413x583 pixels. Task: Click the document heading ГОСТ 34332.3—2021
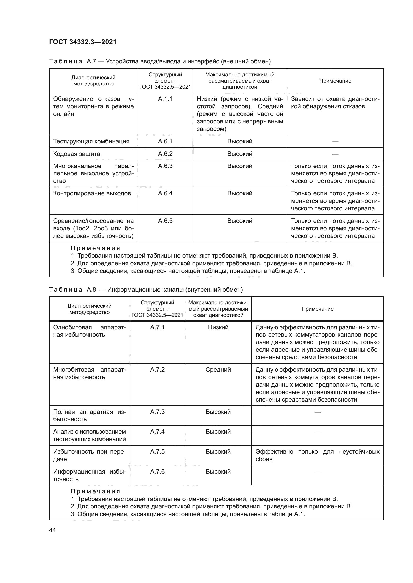[83, 42]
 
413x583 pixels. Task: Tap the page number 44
[52, 530]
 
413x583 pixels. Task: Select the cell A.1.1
[165, 99]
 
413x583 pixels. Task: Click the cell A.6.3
[165, 166]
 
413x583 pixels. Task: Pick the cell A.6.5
[165, 221]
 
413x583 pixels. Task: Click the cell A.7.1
[157, 327]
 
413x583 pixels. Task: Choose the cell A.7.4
[157, 432]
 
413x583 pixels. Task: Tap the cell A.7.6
[157, 472]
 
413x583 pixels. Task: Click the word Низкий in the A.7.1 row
[218, 327]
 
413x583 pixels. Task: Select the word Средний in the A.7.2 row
[218, 369]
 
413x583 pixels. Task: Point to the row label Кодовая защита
[77, 154]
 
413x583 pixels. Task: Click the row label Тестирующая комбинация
[91, 141]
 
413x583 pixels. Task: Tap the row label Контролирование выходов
[92, 193]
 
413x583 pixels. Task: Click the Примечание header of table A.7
[335, 81]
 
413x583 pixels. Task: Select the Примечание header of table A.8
[317, 309]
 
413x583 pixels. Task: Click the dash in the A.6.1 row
[335, 141]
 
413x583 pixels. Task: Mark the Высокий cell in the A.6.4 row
[240, 193]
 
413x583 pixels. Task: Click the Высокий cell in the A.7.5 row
[218, 452]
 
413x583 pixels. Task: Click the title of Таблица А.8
[146, 289]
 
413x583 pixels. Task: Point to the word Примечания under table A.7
[95, 248]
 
